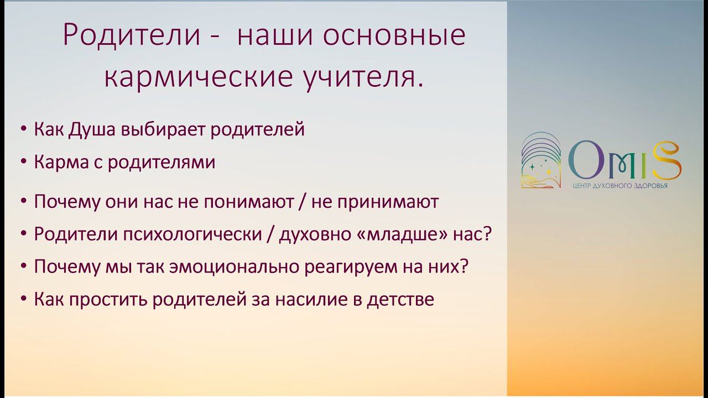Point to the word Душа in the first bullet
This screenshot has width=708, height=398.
tap(92, 130)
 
